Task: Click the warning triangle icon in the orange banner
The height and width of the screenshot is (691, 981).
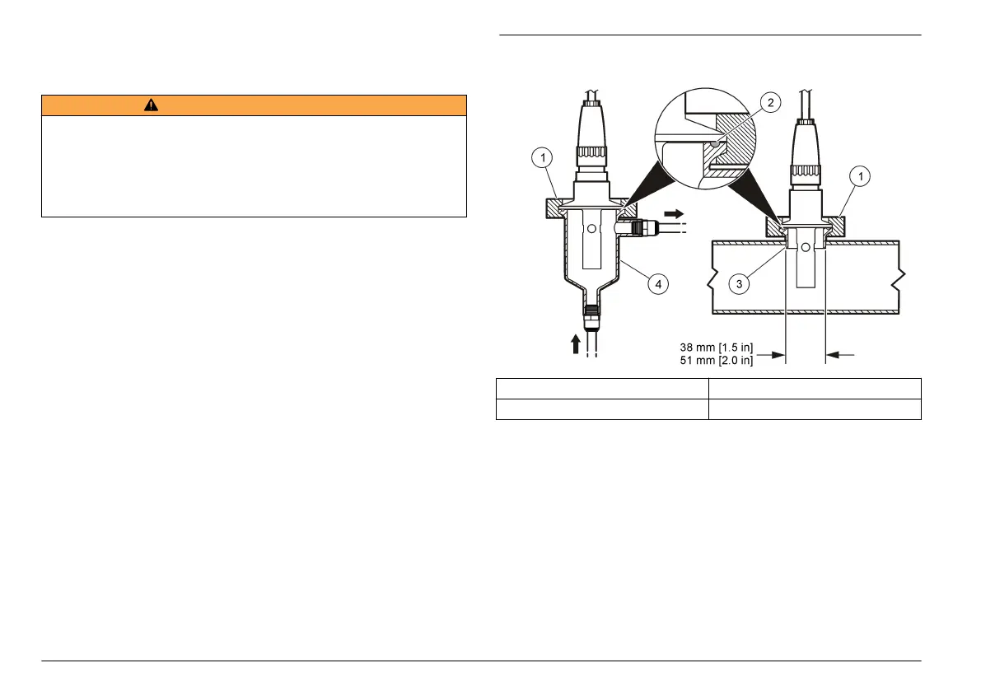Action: coord(151,105)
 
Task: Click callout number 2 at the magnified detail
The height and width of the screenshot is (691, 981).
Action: coord(770,103)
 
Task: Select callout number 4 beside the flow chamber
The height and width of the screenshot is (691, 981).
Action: coord(656,284)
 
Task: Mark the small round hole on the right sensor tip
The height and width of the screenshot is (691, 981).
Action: coord(805,246)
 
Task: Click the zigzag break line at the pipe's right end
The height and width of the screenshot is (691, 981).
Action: coord(902,280)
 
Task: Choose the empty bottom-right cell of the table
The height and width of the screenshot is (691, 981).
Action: coord(814,409)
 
